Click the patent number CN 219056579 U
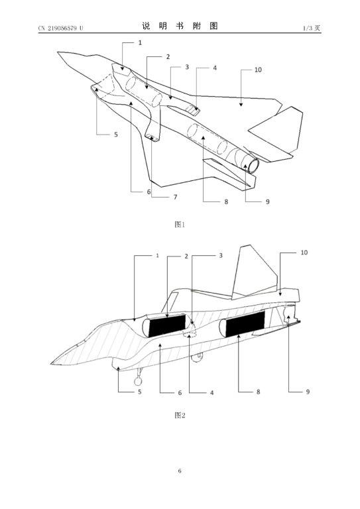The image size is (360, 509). coord(61,28)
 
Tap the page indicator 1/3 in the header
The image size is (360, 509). coord(307,28)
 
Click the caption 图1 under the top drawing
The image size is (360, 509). coord(180,224)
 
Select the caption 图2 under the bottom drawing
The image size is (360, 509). coord(180,415)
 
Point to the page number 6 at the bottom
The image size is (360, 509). coord(180,471)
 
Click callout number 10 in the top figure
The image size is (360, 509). coord(258,70)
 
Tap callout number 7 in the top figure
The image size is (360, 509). coord(175,197)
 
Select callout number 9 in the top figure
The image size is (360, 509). coord(267,201)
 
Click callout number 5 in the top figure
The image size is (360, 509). coord(116,135)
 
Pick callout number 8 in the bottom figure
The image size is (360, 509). coord(258,392)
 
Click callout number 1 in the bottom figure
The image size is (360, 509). coord(157,255)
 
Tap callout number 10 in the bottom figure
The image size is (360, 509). coord(304,253)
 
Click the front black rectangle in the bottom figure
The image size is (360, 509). coord(167,325)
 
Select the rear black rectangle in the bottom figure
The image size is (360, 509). coord(245,323)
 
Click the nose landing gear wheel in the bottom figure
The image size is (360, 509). coord(138,382)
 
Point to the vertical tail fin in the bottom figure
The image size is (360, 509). coord(251,272)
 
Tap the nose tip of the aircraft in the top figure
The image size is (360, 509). coord(58,52)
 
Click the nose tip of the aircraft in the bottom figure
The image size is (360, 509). coord(52,364)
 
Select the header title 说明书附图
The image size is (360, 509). coord(180,27)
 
